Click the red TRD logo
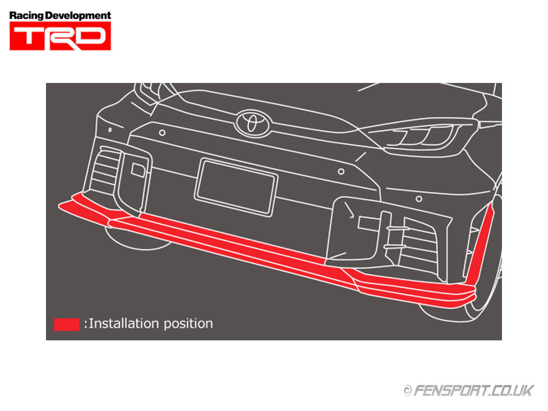60,36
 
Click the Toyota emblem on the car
250,122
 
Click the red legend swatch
66,324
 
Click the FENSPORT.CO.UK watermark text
474,390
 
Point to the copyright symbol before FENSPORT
407,391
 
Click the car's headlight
423,135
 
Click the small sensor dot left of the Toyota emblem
162,132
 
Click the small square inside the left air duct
138,170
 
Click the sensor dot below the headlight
418,199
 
